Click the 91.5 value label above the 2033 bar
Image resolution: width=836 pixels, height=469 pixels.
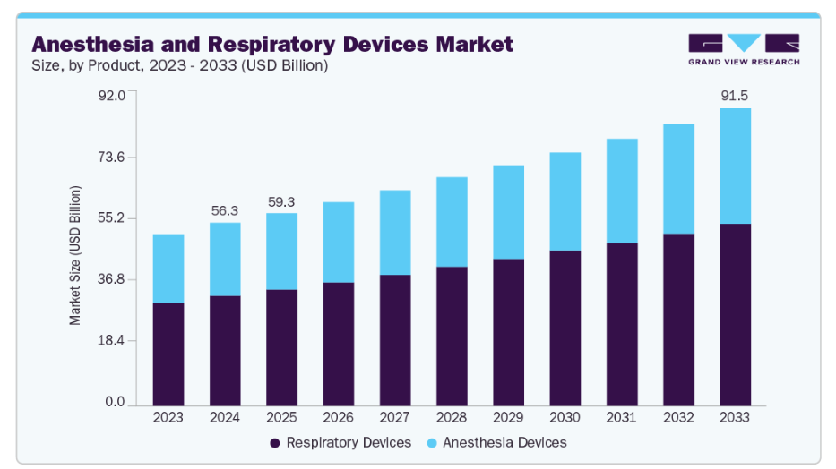(735, 94)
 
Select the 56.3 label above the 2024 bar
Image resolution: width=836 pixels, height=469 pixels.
(225, 210)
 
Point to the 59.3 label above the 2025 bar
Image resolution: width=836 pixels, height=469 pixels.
(281, 202)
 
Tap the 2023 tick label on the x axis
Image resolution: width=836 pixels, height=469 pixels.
(168, 417)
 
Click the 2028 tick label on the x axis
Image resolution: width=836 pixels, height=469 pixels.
(452, 417)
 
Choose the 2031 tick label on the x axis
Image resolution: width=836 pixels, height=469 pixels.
(622, 417)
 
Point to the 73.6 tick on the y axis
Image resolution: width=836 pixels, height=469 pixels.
(112, 158)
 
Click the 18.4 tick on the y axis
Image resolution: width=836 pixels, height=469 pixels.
(112, 341)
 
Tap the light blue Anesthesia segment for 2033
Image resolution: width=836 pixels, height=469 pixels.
(735, 166)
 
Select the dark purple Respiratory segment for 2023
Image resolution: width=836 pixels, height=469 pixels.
(168, 354)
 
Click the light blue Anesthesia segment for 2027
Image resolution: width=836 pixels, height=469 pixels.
(395, 232)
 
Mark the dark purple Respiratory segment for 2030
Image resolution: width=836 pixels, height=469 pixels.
(565, 328)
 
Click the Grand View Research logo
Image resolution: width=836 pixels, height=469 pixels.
(744, 49)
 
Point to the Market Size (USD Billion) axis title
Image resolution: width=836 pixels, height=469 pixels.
(75, 255)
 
